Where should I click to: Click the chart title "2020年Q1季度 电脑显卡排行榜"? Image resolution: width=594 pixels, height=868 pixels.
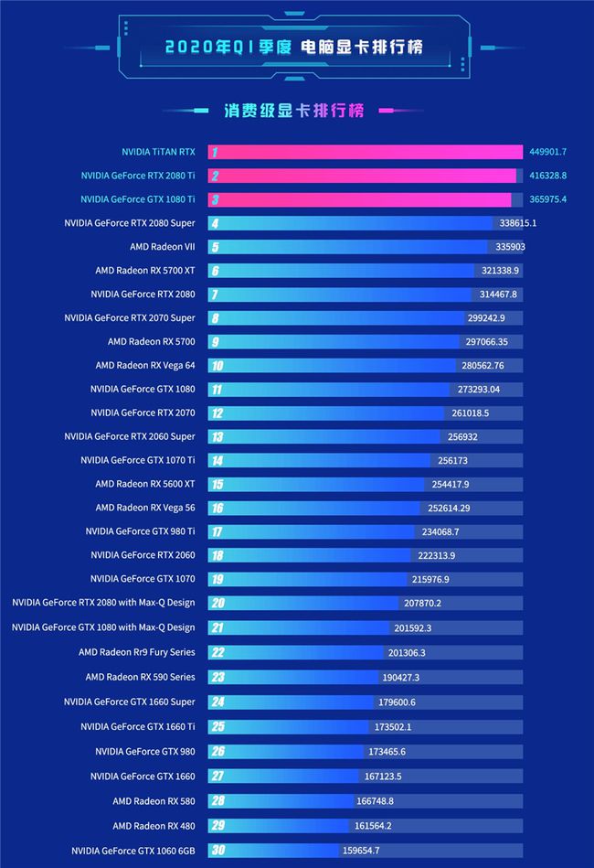(294, 46)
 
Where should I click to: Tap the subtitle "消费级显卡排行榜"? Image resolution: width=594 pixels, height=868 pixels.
(293, 111)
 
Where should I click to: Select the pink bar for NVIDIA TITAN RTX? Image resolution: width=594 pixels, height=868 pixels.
(366, 152)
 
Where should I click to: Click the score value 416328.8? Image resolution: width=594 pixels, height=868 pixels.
(546, 176)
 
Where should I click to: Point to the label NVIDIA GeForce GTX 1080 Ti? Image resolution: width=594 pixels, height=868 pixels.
(137, 199)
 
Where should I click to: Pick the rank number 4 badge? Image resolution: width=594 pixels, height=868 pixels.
(215, 223)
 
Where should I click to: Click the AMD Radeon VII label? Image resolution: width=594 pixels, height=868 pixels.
(162, 247)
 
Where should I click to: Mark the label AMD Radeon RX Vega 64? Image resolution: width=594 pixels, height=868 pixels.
(144, 365)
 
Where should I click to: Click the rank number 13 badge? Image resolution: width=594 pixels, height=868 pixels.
(217, 436)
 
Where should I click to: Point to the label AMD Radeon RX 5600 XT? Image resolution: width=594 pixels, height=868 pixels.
(144, 484)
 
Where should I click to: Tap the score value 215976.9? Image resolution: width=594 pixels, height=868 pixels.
(431, 579)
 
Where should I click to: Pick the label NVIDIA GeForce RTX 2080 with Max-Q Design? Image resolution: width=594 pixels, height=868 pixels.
(103, 603)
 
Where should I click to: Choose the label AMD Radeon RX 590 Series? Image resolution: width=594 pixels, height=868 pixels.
(140, 677)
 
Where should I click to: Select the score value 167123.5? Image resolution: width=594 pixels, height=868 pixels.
(383, 777)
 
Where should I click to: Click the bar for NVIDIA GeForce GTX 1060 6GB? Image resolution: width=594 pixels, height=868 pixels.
(283, 851)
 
